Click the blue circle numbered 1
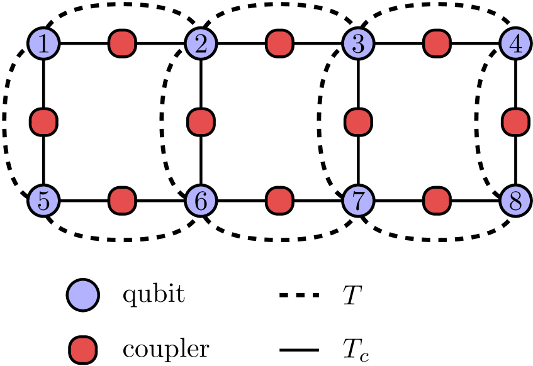(x=43, y=44)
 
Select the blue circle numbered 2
(x=201, y=44)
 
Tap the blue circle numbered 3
(x=358, y=44)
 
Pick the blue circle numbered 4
(x=515, y=44)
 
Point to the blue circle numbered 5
(x=43, y=201)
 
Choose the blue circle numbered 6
(x=201, y=201)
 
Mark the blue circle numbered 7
(x=358, y=201)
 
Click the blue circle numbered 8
(x=515, y=201)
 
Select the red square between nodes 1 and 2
(x=122, y=44)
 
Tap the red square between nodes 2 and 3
(x=279, y=44)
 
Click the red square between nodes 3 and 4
(x=437, y=44)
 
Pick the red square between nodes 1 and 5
(x=43, y=122)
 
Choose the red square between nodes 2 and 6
(x=201, y=122)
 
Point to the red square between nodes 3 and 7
(x=358, y=122)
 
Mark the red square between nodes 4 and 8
(x=515, y=122)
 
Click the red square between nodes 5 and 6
(x=122, y=201)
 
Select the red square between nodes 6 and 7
(x=279, y=201)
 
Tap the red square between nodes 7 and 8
(x=437, y=201)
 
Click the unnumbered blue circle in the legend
(x=83, y=295)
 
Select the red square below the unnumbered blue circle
(x=83, y=350)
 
